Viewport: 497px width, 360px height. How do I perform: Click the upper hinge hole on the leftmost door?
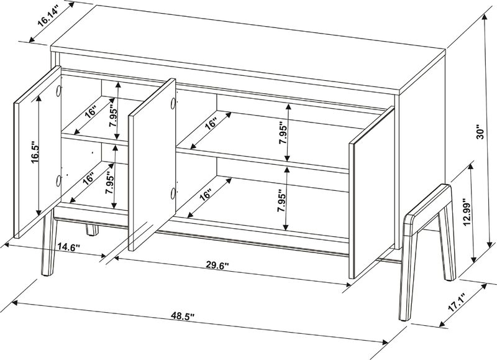[x=59, y=91]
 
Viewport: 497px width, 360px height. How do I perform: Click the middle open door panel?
[x=152, y=165]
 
